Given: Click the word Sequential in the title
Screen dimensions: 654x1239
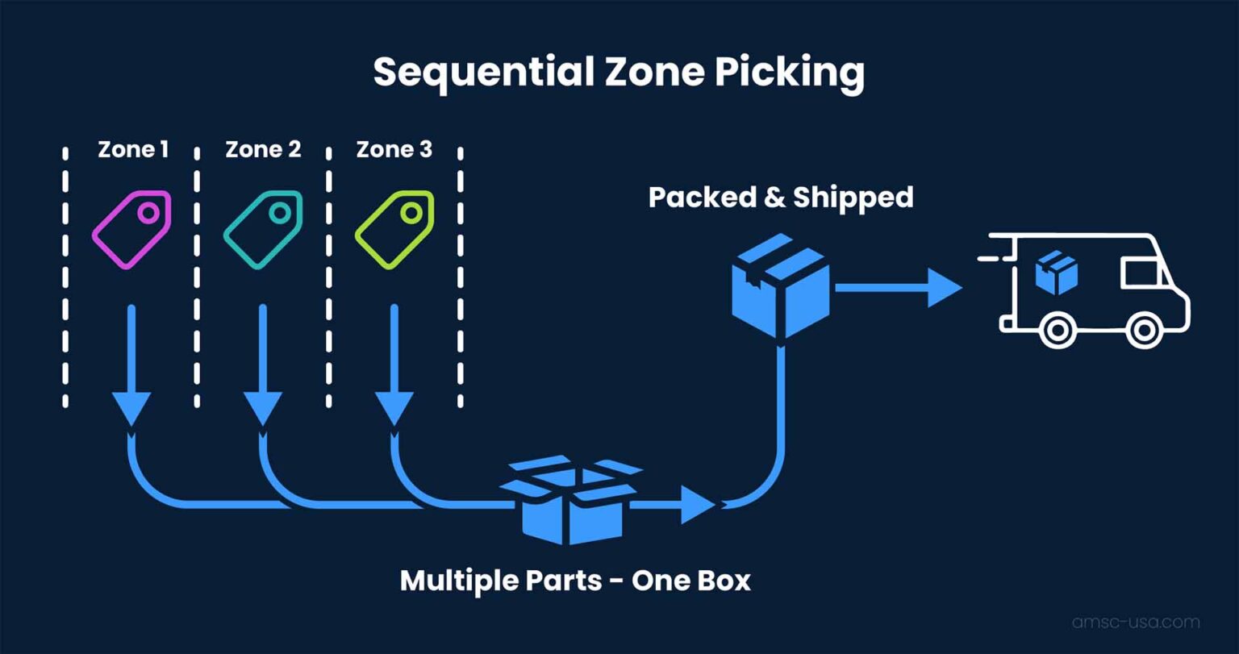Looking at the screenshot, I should click(x=477, y=73).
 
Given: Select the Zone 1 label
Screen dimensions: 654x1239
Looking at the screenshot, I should click(x=133, y=150).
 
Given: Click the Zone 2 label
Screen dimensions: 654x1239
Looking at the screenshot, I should click(x=263, y=150).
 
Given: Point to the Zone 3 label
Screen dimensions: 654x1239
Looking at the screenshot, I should click(x=394, y=150).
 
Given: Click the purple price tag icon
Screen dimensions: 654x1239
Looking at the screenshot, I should click(x=131, y=230).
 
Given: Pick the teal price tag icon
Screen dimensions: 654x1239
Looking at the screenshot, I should click(x=263, y=230).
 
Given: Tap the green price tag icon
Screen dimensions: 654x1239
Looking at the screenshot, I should click(x=394, y=230).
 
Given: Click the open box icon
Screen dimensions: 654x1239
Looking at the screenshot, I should click(x=570, y=500).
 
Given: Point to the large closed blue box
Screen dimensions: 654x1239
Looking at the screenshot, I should click(x=780, y=285).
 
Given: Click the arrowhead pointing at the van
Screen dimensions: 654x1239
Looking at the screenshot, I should click(x=944, y=288).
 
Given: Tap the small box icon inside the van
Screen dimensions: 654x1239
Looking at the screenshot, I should click(x=1057, y=272).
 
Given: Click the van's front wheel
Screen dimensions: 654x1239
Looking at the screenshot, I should click(x=1143, y=329).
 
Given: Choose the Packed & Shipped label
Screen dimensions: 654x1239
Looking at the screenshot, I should click(x=780, y=198).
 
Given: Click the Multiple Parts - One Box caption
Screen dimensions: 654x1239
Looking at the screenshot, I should click(x=575, y=581).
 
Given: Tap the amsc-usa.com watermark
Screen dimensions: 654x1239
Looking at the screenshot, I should click(x=1135, y=623).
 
